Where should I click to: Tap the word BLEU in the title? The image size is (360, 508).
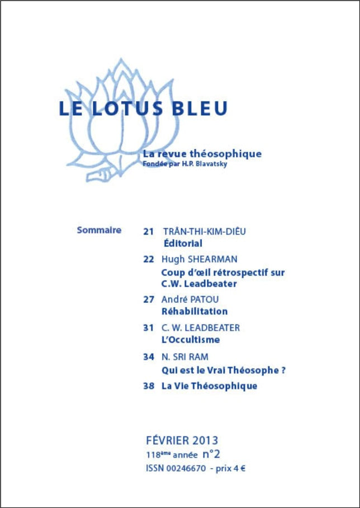click(199, 108)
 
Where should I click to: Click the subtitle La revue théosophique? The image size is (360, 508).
click(202, 153)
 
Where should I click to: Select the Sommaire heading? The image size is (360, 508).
click(99, 229)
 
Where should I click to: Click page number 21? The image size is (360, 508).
click(148, 231)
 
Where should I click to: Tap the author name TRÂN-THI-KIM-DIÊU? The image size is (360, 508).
click(204, 231)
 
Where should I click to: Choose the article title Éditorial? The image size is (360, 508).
click(182, 243)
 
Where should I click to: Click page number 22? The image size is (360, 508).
click(148, 259)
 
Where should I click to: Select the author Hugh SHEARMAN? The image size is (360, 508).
click(199, 259)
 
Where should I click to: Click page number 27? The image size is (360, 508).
click(148, 299)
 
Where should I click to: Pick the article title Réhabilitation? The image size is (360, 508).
click(194, 312)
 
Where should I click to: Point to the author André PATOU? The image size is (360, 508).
click(191, 299)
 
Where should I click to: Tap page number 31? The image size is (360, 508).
click(148, 327)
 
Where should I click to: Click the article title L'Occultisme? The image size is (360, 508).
click(190, 340)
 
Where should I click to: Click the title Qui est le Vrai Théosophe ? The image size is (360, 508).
click(223, 370)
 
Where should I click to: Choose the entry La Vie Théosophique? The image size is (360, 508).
click(209, 386)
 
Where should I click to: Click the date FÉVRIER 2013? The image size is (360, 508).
click(182, 440)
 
